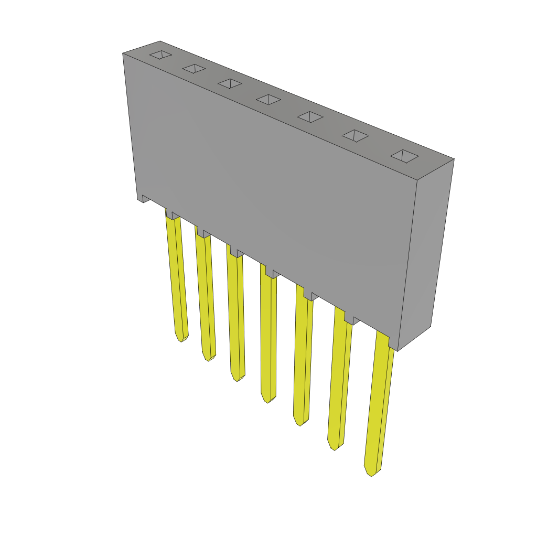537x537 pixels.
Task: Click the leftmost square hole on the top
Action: [x=160, y=55]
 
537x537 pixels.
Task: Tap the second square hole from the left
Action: [x=194, y=69]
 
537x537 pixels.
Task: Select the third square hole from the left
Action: [x=230, y=83]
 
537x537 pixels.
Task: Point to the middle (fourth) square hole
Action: [x=268, y=100]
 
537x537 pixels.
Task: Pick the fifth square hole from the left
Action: [x=310, y=117]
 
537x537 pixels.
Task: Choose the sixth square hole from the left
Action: [x=355, y=136]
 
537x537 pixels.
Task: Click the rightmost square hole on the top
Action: [x=404, y=156]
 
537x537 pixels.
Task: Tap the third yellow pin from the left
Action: [x=235, y=315]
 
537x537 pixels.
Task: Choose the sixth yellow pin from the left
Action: [x=338, y=383]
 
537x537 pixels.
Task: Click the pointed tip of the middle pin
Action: [x=268, y=401]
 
